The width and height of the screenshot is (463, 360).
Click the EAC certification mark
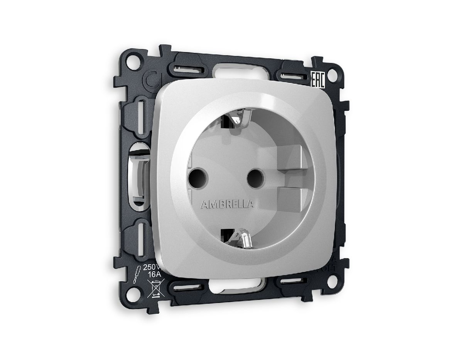tap(318, 79)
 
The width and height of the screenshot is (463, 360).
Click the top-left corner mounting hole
tap(133, 61)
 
